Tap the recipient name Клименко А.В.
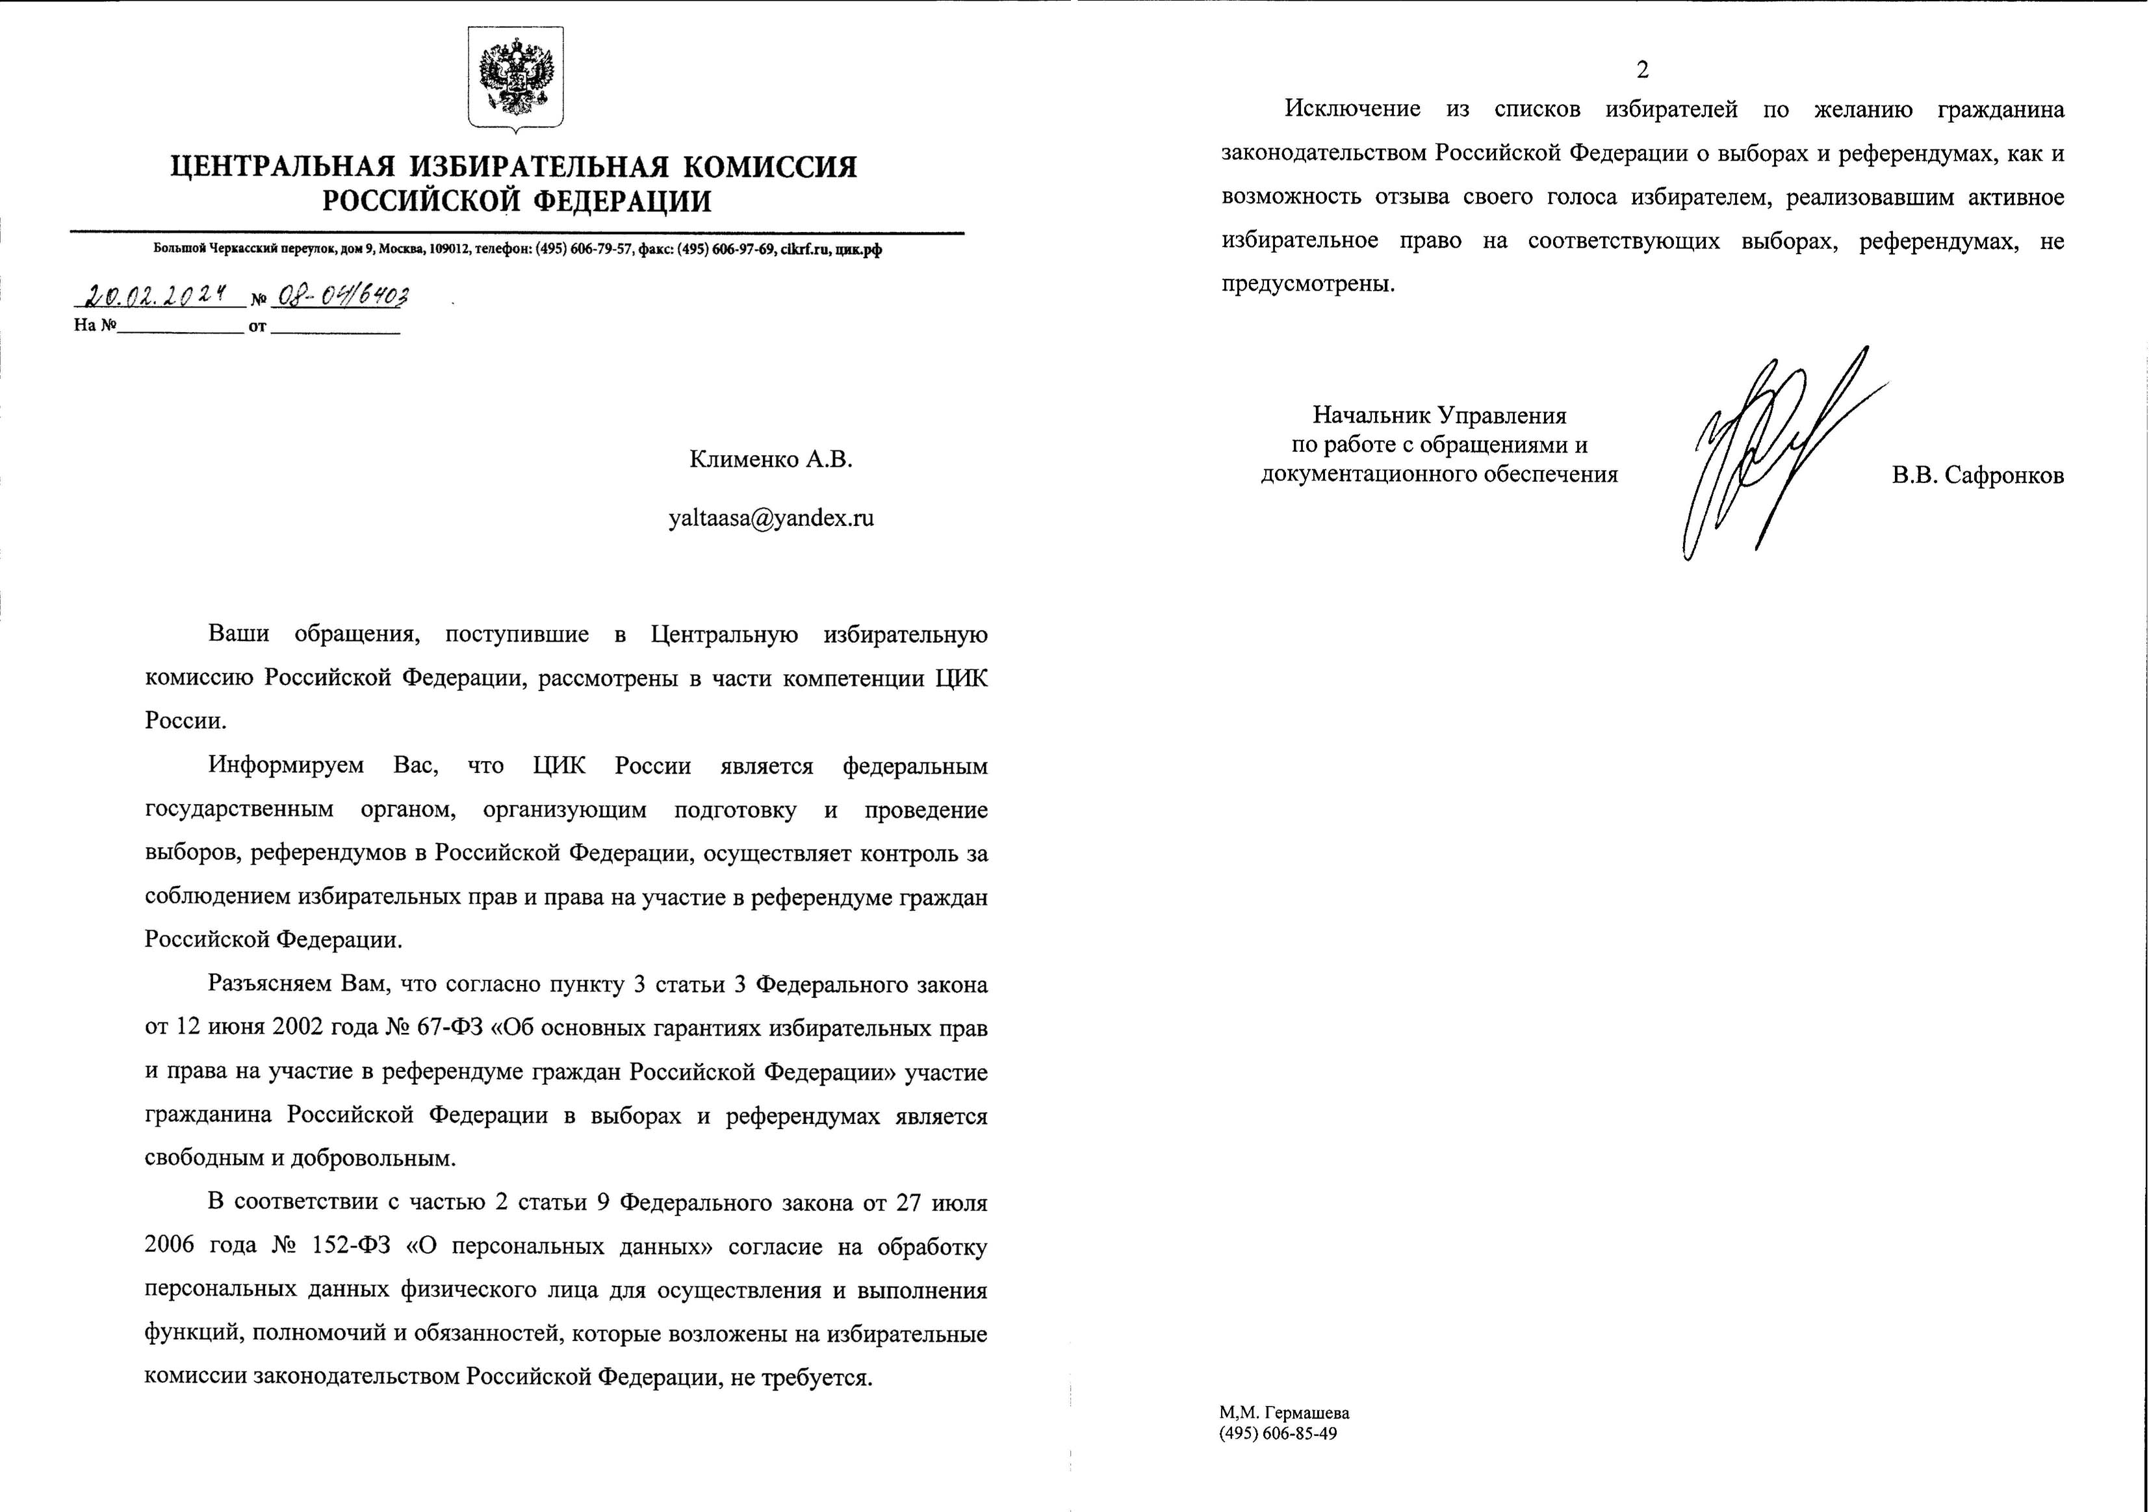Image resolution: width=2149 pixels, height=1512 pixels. (771, 460)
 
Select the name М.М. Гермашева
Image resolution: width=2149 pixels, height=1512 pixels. (1284, 1440)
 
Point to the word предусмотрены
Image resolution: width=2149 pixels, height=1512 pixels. (1307, 285)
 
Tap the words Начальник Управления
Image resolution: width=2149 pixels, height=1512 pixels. (1439, 415)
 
